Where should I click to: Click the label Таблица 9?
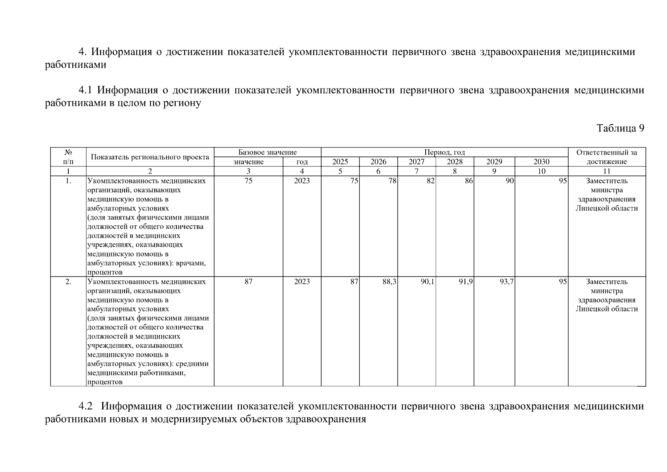click(620, 128)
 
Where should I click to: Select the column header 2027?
click(416, 162)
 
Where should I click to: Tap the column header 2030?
click(541, 162)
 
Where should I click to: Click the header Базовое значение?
click(267, 152)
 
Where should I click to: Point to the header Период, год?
click(444, 152)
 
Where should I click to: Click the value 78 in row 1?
click(392, 181)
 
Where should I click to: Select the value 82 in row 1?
click(430, 181)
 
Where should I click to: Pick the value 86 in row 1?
click(468, 181)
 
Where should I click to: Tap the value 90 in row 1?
click(509, 181)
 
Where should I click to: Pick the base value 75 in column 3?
click(248, 181)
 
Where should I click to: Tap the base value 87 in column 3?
click(248, 282)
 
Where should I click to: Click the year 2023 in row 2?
click(302, 282)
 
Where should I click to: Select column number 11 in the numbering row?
click(606, 171)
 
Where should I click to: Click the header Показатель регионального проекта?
click(150, 157)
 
